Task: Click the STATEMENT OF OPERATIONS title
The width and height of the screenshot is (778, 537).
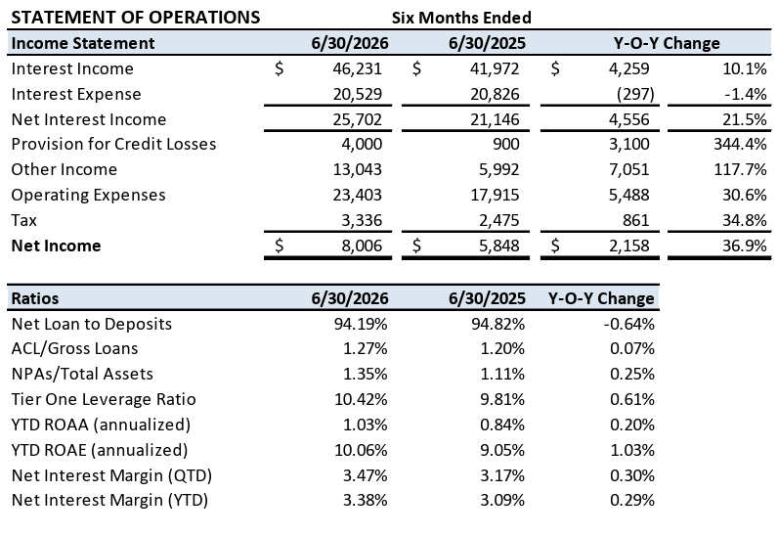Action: [x=136, y=18]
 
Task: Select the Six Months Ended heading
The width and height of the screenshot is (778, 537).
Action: [x=461, y=18]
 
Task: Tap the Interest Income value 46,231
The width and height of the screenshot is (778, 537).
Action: [x=358, y=68]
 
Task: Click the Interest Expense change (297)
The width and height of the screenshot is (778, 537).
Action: [x=635, y=94]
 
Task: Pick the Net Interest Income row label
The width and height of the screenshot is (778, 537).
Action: [x=89, y=119]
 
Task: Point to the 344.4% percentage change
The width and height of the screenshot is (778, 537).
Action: [x=740, y=144]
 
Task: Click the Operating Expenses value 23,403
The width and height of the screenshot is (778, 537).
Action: [x=358, y=195]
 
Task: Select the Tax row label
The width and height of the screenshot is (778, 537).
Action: [x=23, y=220]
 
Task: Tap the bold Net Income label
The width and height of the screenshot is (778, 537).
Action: [x=56, y=246]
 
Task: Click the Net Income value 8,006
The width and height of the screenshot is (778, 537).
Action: [x=362, y=246]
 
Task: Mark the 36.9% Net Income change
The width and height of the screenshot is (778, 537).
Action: [x=745, y=246]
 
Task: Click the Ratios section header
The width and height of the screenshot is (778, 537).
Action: [x=35, y=298]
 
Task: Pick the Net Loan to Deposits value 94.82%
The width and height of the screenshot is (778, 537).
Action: [x=497, y=324]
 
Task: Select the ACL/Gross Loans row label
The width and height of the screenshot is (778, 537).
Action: [x=74, y=349]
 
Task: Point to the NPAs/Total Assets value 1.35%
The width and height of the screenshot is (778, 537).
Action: [x=366, y=374]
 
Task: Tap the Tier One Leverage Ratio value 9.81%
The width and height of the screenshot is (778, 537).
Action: [x=502, y=399]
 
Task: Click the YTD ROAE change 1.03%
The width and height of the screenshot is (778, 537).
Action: [x=632, y=450]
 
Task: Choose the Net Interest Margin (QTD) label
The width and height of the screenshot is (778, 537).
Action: [x=111, y=475]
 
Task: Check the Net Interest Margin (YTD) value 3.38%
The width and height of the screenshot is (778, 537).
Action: [x=366, y=500]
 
